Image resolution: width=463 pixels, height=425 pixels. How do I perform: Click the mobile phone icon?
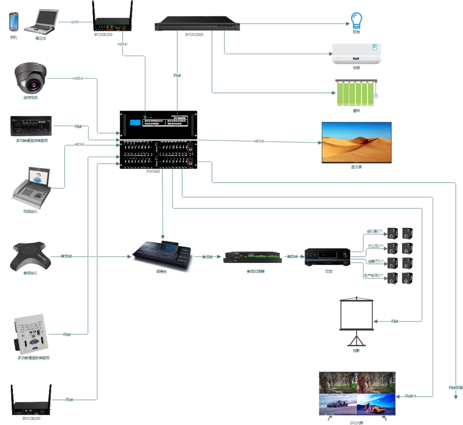pos(13,22)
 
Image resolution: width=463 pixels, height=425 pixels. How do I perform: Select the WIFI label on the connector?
pos(75,22)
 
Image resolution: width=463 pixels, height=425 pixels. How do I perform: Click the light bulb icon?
pos(356,20)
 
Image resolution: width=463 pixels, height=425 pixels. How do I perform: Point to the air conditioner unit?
pos(356,54)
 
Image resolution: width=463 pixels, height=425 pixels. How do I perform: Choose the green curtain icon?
pos(356,93)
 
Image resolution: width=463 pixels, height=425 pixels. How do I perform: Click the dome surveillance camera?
pos(30,78)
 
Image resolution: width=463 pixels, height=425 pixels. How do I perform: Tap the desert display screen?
pos(356,143)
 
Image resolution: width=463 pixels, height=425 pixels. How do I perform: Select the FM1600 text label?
pos(153,171)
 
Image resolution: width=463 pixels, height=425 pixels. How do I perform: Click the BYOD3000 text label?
pos(194,35)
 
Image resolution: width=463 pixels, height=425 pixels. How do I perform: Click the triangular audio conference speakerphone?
pos(30,256)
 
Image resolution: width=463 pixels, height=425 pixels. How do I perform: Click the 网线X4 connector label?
pos(410,396)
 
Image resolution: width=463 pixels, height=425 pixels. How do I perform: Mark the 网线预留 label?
pos(455,387)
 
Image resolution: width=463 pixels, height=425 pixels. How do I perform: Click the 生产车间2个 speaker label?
pos(373,275)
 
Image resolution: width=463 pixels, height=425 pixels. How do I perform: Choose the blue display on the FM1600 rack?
pos(135,122)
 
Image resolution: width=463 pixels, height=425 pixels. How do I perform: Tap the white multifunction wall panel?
pos(32,334)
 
